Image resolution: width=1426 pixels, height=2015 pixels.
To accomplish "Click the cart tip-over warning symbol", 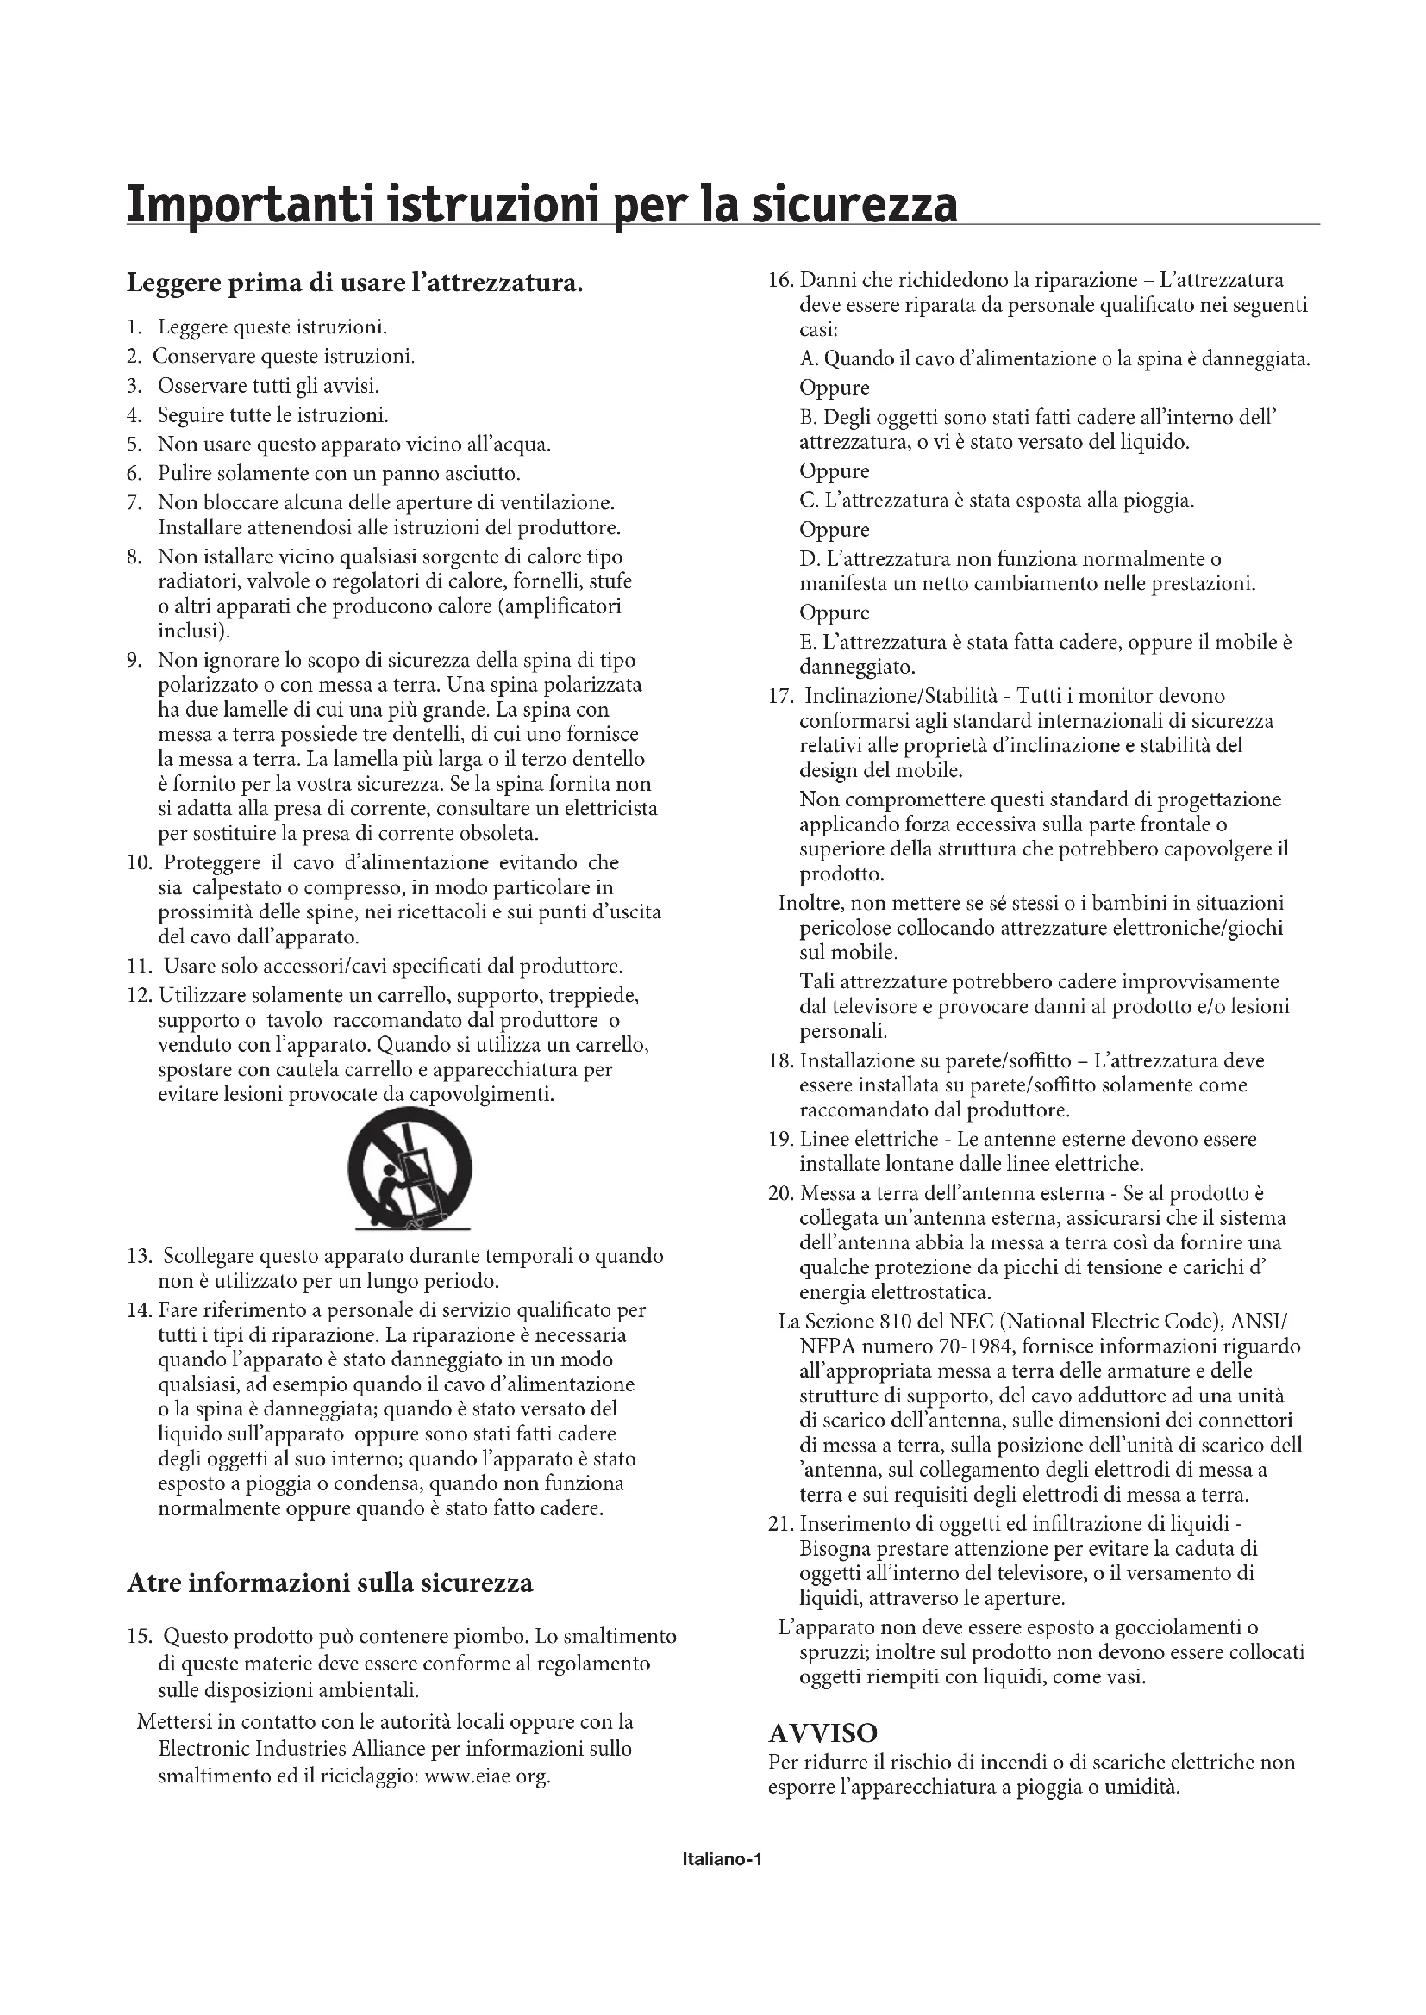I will coord(410,1175).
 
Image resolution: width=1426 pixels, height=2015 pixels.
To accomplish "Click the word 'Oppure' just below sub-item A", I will coord(835,387).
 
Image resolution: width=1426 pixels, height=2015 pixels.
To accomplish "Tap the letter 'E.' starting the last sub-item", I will coord(808,642).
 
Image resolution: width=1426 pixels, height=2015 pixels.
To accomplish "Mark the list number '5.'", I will coord(134,444).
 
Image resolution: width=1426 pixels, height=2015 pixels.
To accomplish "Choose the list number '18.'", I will coord(780,1060).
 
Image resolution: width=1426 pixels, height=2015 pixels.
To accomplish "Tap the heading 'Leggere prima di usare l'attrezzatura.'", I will coord(354,283).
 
